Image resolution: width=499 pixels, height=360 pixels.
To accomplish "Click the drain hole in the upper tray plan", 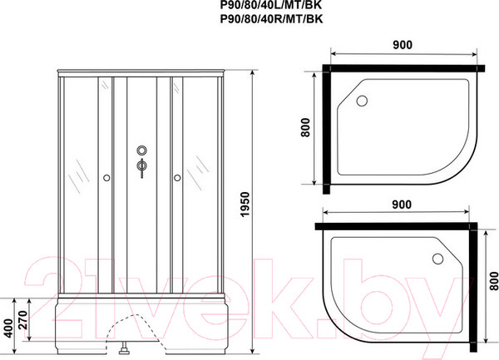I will [362, 101].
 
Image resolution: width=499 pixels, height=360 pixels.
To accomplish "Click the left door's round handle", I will [106, 177].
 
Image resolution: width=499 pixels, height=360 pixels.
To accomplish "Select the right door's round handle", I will [177, 177].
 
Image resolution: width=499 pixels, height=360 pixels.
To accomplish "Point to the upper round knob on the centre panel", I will [141, 152].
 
